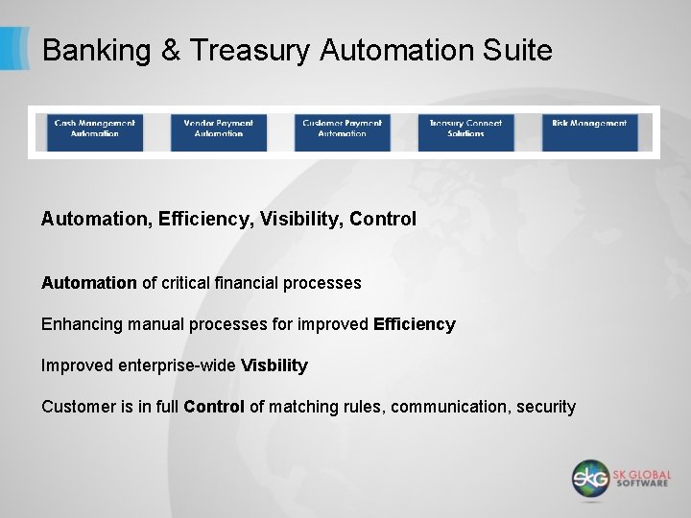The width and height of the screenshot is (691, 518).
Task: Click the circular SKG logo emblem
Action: pos(591,478)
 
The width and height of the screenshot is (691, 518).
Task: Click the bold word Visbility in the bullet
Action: pos(274,365)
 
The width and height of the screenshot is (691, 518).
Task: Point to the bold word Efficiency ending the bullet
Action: pos(415,324)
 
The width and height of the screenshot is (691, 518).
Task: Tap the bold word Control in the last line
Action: pos(214,407)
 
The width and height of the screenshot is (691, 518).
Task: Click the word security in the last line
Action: pos(546,407)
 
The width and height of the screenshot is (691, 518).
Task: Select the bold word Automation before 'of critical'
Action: pos(88,283)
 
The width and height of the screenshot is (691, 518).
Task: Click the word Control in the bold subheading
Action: pos(383,219)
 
